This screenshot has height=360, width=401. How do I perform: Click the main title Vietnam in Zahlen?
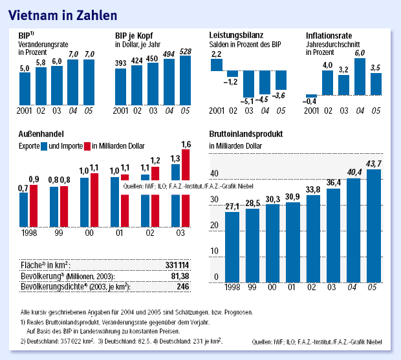[x=62, y=12]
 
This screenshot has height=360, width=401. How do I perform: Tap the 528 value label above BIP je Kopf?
[x=186, y=50]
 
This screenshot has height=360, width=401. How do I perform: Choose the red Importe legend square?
[x=87, y=145]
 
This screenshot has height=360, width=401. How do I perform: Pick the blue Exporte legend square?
[x=44, y=145]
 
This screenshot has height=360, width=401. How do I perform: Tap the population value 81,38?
[x=179, y=275]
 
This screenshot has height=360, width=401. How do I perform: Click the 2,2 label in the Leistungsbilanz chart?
[x=216, y=55]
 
